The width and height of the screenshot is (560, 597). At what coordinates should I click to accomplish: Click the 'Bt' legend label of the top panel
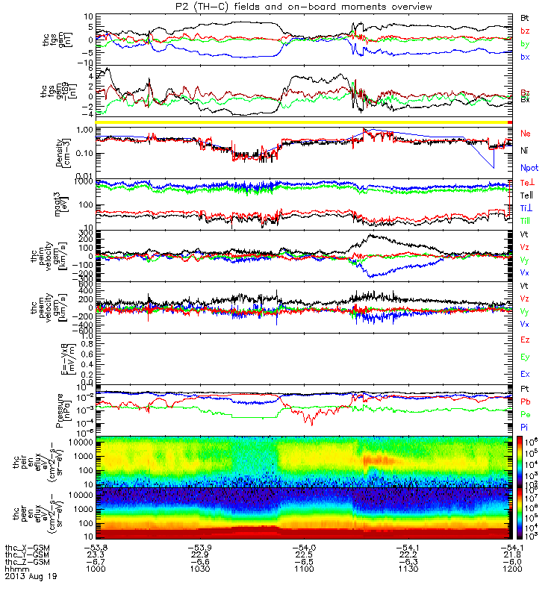tap(525, 16)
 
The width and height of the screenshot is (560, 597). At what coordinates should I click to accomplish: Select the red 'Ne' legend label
tap(526, 133)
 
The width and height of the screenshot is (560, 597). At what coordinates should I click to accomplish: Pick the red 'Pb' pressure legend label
tap(526, 401)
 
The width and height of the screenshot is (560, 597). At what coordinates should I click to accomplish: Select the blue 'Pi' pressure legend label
tap(525, 426)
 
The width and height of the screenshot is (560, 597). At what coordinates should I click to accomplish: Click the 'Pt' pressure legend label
tap(525, 390)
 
